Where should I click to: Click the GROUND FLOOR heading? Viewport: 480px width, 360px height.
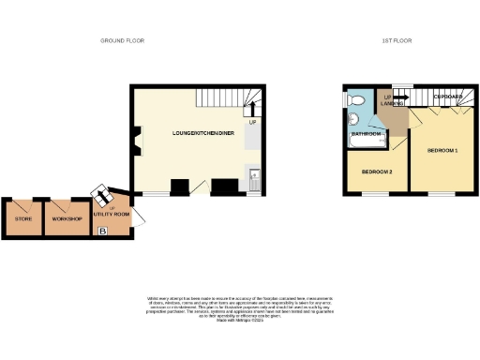coord(123,40)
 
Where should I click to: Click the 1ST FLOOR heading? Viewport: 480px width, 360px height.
coord(397,40)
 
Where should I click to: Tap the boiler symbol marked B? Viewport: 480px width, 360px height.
coord(103,230)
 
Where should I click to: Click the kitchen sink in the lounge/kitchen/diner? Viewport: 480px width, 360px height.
coord(254,172)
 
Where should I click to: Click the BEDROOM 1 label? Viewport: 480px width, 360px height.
coord(442,150)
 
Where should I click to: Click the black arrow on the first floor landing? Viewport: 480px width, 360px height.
coord(400,96)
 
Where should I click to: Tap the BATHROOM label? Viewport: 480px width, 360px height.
coord(366,134)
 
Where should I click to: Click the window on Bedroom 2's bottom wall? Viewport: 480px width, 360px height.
coord(367,195)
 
